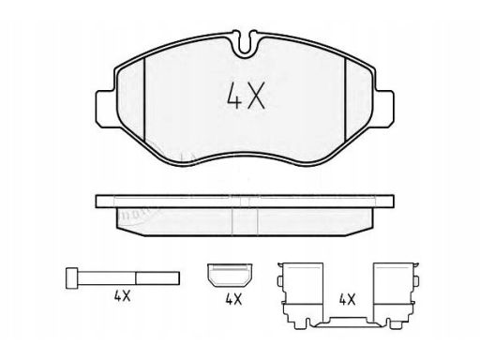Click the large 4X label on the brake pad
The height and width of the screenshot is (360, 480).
[x=246, y=96]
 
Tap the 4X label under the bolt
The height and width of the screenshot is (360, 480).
[x=122, y=295]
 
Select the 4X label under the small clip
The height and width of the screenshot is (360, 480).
[x=233, y=300]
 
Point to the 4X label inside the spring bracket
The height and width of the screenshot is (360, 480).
[x=348, y=300]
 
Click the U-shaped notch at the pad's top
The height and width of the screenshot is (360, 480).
[x=245, y=44]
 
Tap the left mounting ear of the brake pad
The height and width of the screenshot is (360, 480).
[x=105, y=109]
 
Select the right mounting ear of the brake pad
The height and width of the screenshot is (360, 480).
[x=383, y=109]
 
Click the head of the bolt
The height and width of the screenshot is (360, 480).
[x=71, y=277]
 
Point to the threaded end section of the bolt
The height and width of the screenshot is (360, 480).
[x=157, y=277]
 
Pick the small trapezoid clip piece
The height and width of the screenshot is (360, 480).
[x=230, y=275]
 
